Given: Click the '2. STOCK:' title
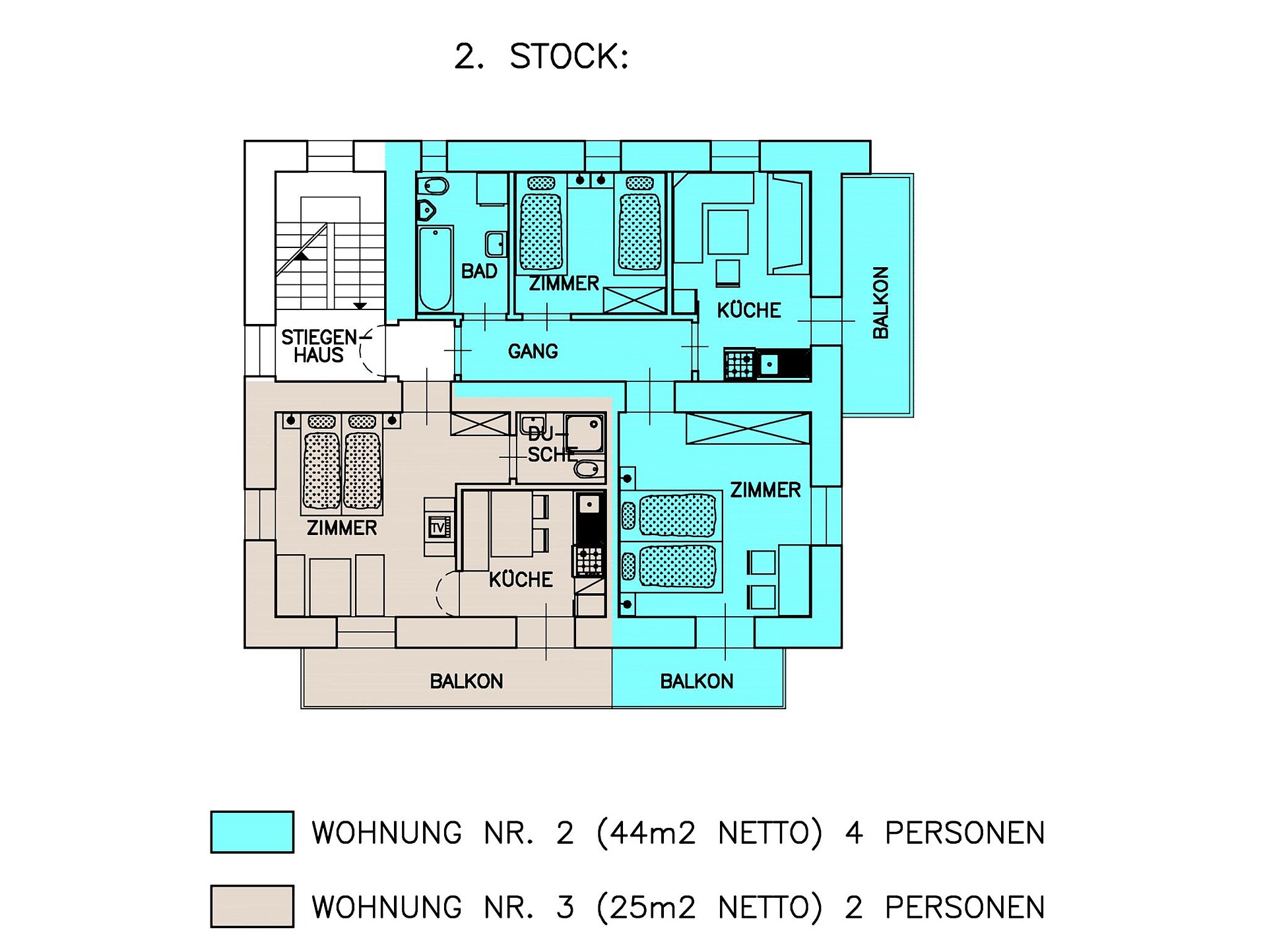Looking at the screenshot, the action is tap(541, 56).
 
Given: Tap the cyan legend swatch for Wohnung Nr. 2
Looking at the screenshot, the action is tap(252, 832).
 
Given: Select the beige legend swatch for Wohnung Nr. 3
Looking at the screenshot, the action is tap(252, 906).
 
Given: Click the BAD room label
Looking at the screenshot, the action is tap(479, 271).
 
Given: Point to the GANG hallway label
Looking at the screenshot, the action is tap(533, 351).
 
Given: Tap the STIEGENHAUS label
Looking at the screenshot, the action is tap(319, 346).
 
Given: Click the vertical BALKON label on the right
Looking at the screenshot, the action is tap(881, 303).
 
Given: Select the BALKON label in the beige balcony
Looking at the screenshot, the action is tap(467, 681).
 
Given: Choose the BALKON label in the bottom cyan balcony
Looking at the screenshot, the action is tap(697, 681).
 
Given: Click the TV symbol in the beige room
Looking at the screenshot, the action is tap(439, 528).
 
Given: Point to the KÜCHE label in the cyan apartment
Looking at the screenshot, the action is tap(749, 310).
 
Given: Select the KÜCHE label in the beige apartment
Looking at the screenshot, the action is tap(521, 579).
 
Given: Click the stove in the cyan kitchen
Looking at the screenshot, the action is tap(739, 364).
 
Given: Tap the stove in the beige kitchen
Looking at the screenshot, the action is tap(590, 561).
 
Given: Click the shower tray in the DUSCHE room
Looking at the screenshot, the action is tap(584, 433).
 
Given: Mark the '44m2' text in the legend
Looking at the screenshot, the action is tap(652, 833).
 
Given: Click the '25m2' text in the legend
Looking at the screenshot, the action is tap(652, 907).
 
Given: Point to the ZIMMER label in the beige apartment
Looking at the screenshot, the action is tap(342, 528).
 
